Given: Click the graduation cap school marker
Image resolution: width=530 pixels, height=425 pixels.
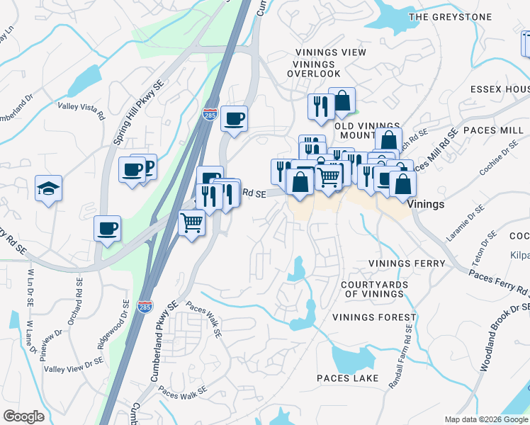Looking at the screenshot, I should point(48,188).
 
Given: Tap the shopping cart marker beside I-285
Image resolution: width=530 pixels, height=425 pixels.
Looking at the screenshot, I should point(192,223).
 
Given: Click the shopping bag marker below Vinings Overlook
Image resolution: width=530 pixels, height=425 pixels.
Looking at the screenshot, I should point(342,102).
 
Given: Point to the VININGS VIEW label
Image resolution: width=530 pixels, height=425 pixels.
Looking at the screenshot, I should point(330,52).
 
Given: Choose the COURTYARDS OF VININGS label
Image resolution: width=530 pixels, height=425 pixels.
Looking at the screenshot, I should point(373,289).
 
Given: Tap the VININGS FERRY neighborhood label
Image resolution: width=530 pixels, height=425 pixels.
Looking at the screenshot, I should point(407,263).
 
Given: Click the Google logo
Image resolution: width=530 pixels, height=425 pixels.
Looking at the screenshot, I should point(23,416).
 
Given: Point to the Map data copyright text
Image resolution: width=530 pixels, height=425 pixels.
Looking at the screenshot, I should point(486,419).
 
